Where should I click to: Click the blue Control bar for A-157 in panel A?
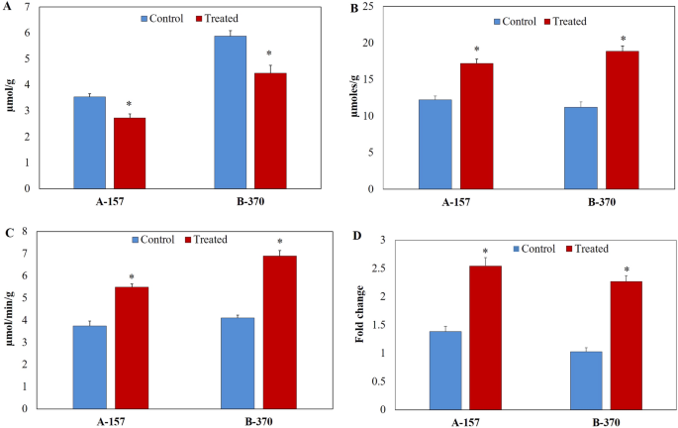89,143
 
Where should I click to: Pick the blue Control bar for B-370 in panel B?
581,148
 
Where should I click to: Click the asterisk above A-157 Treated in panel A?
130,104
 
